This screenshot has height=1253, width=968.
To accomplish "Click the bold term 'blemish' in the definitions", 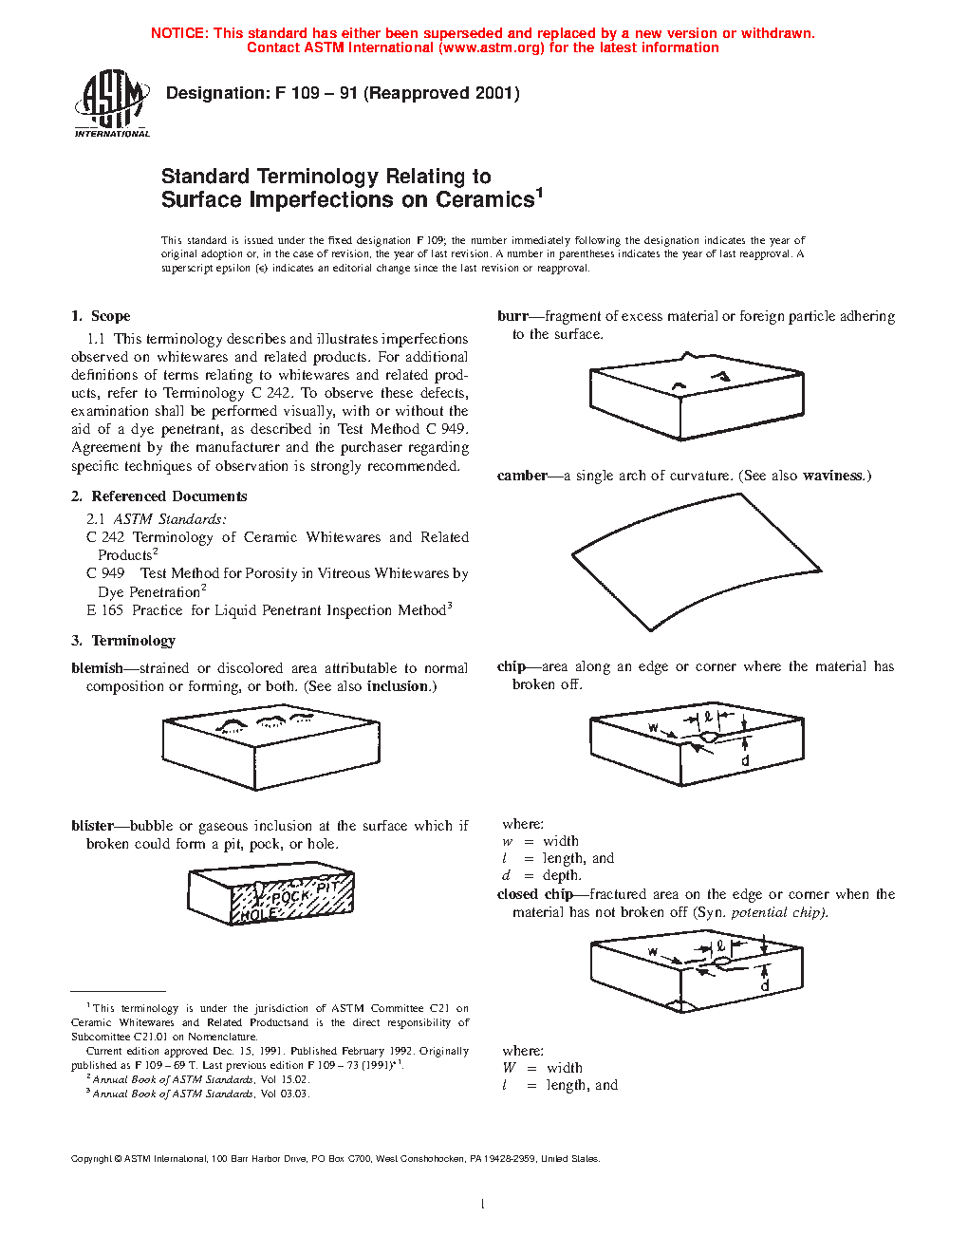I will click(97, 668).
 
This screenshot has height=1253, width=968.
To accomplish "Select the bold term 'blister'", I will click(92, 826).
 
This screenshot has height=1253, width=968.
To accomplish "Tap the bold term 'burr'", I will click(512, 316).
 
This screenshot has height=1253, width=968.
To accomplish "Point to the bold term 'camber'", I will click(522, 476).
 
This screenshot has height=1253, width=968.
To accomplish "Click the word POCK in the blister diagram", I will click(290, 897).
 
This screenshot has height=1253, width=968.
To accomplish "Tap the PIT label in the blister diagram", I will click(327, 887).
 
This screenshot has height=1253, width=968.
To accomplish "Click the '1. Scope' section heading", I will click(101, 316).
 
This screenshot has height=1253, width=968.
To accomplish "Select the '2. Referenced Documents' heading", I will click(158, 496).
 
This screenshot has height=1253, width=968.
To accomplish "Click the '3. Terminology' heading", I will click(123, 641).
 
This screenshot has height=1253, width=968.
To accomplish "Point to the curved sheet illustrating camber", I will click(696, 560).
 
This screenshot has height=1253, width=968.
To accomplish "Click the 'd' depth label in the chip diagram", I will click(745, 761).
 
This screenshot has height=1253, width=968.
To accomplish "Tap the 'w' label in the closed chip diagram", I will click(653, 951).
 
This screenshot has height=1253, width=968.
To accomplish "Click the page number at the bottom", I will click(483, 1205).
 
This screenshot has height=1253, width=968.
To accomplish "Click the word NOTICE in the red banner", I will click(178, 33).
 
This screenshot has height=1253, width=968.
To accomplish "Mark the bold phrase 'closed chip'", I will click(534, 894).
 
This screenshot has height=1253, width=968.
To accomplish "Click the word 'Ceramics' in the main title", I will click(485, 200).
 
